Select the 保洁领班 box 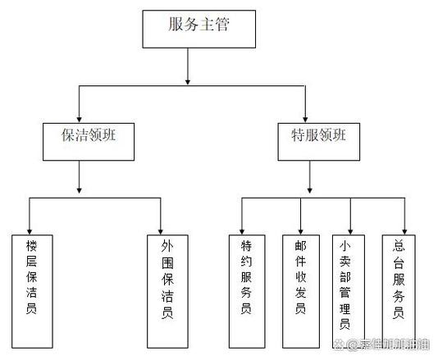click(x=80, y=139)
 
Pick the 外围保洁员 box click(x=167, y=289)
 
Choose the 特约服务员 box click(x=245, y=289)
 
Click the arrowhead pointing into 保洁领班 click(x=79, y=117)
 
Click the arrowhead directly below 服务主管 click(x=188, y=80)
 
